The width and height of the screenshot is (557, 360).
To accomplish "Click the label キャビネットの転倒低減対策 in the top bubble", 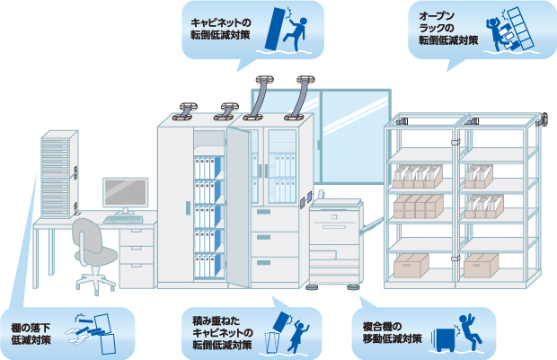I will (221, 28).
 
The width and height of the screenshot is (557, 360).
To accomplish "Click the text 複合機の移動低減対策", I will (393, 333).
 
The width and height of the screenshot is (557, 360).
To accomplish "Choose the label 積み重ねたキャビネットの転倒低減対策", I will (225, 333).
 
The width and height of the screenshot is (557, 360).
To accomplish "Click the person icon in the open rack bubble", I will (498, 38).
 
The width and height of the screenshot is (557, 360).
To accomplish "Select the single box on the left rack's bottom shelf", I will (411, 265).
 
